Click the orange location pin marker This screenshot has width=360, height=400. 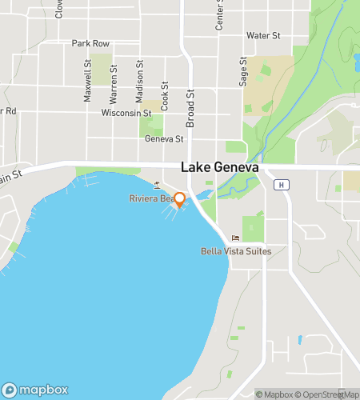click(x=180, y=200)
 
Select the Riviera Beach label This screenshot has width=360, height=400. click(x=153, y=198)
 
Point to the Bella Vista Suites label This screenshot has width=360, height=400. click(x=236, y=251)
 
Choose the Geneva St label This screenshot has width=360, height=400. click(x=164, y=138)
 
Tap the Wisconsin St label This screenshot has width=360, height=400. click(x=126, y=113)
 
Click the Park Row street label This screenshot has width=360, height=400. click(x=90, y=43)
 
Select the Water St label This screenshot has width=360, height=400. click(x=263, y=36)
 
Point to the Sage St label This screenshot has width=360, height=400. click(x=243, y=75)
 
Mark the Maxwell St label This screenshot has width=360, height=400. click(x=88, y=84)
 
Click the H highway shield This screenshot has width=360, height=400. click(x=281, y=185)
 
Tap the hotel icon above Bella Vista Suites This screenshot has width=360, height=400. click(x=234, y=238)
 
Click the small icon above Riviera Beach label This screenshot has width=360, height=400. click(x=157, y=186)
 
